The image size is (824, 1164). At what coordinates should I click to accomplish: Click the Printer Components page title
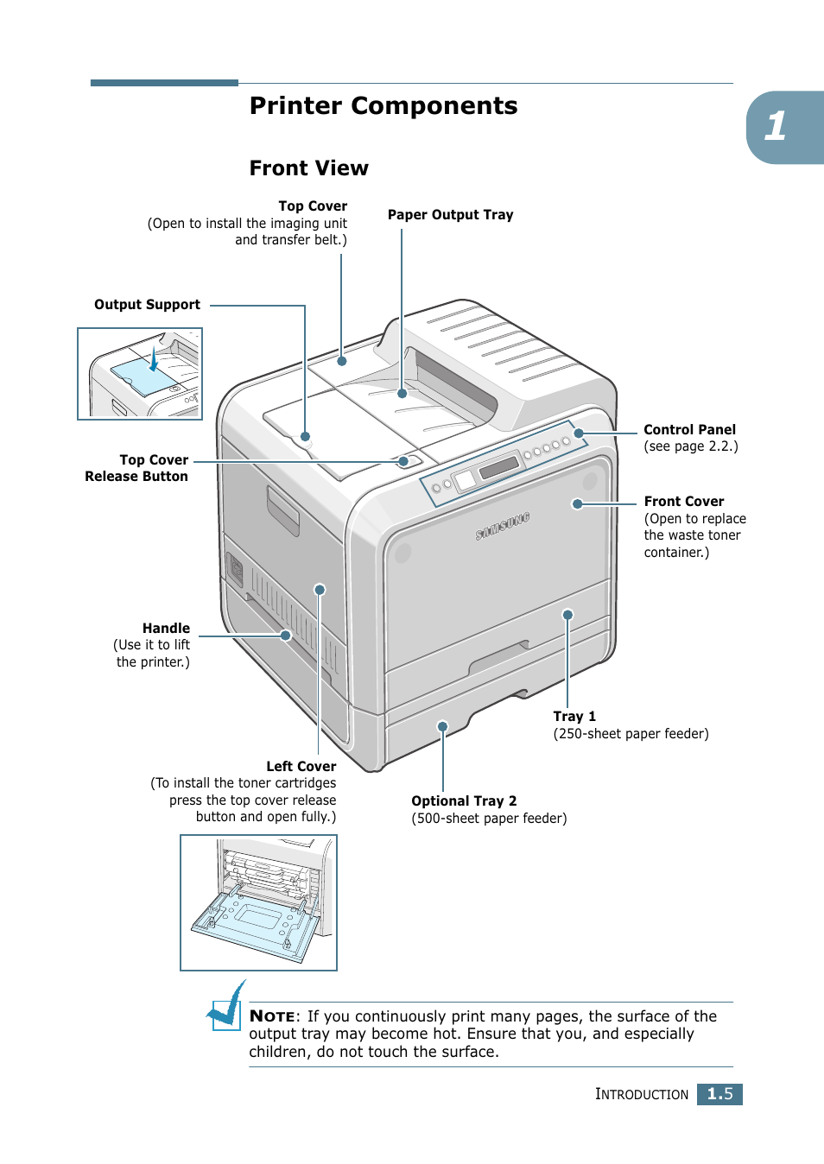(x=383, y=106)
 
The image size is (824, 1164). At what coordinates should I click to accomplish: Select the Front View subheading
(x=308, y=168)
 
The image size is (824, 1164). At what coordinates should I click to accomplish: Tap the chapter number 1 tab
(x=777, y=127)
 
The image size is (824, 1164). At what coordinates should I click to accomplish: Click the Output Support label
(x=147, y=305)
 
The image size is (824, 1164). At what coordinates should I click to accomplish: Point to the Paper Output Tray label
(x=450, y=215)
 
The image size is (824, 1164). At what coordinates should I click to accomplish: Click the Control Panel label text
(x=689, y=430)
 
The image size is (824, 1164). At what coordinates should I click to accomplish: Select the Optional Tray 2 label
(x=464, y=801)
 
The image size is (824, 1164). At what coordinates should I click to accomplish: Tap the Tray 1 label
(x=574, y=717)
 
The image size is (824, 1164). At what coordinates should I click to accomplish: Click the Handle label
(x=166, y=629)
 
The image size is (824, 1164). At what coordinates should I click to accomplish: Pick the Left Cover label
(x=301, y=767)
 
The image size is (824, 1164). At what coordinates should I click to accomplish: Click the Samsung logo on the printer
(x=502, y=527)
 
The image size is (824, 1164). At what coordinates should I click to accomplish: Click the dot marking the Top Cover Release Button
(x=403, y=461)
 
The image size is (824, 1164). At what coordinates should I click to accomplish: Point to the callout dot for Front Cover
(x=577, y=503)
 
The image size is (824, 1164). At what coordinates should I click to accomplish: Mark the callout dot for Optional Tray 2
(x=442, y=726)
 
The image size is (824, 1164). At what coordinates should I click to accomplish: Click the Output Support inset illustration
(x=140, y=374)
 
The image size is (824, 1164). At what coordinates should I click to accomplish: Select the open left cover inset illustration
(x=258, y=902)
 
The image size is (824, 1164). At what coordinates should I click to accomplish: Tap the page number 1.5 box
(x=719, y=1094)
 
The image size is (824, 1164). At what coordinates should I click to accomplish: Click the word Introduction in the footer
(x=642, y=1094)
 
